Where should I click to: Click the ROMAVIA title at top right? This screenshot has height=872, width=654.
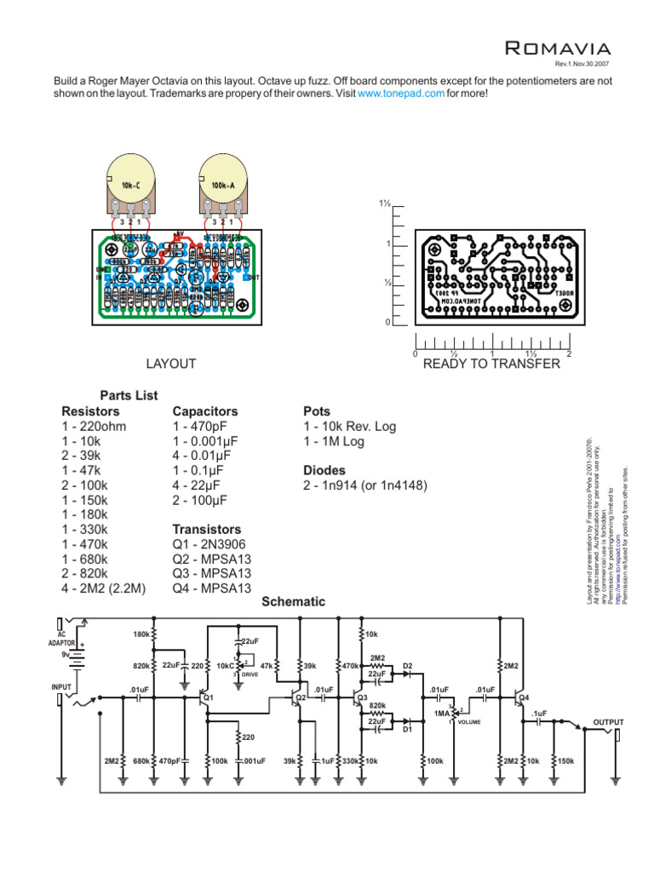(557, 48)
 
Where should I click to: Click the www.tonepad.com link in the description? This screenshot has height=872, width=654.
(401, 94)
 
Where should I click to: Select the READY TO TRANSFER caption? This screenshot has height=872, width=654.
(491, 364)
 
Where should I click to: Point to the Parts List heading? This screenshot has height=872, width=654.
(129, 396)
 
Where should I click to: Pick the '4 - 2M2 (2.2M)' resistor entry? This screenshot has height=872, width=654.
(103, 588)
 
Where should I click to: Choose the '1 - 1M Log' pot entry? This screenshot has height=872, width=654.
(334, 440)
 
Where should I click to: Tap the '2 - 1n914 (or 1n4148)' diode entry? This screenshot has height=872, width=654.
(364, 485)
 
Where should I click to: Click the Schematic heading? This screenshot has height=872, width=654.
(293, 601)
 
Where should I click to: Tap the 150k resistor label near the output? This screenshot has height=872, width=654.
(565, 760)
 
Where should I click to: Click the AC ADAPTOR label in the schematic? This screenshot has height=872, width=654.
(66, 638)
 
